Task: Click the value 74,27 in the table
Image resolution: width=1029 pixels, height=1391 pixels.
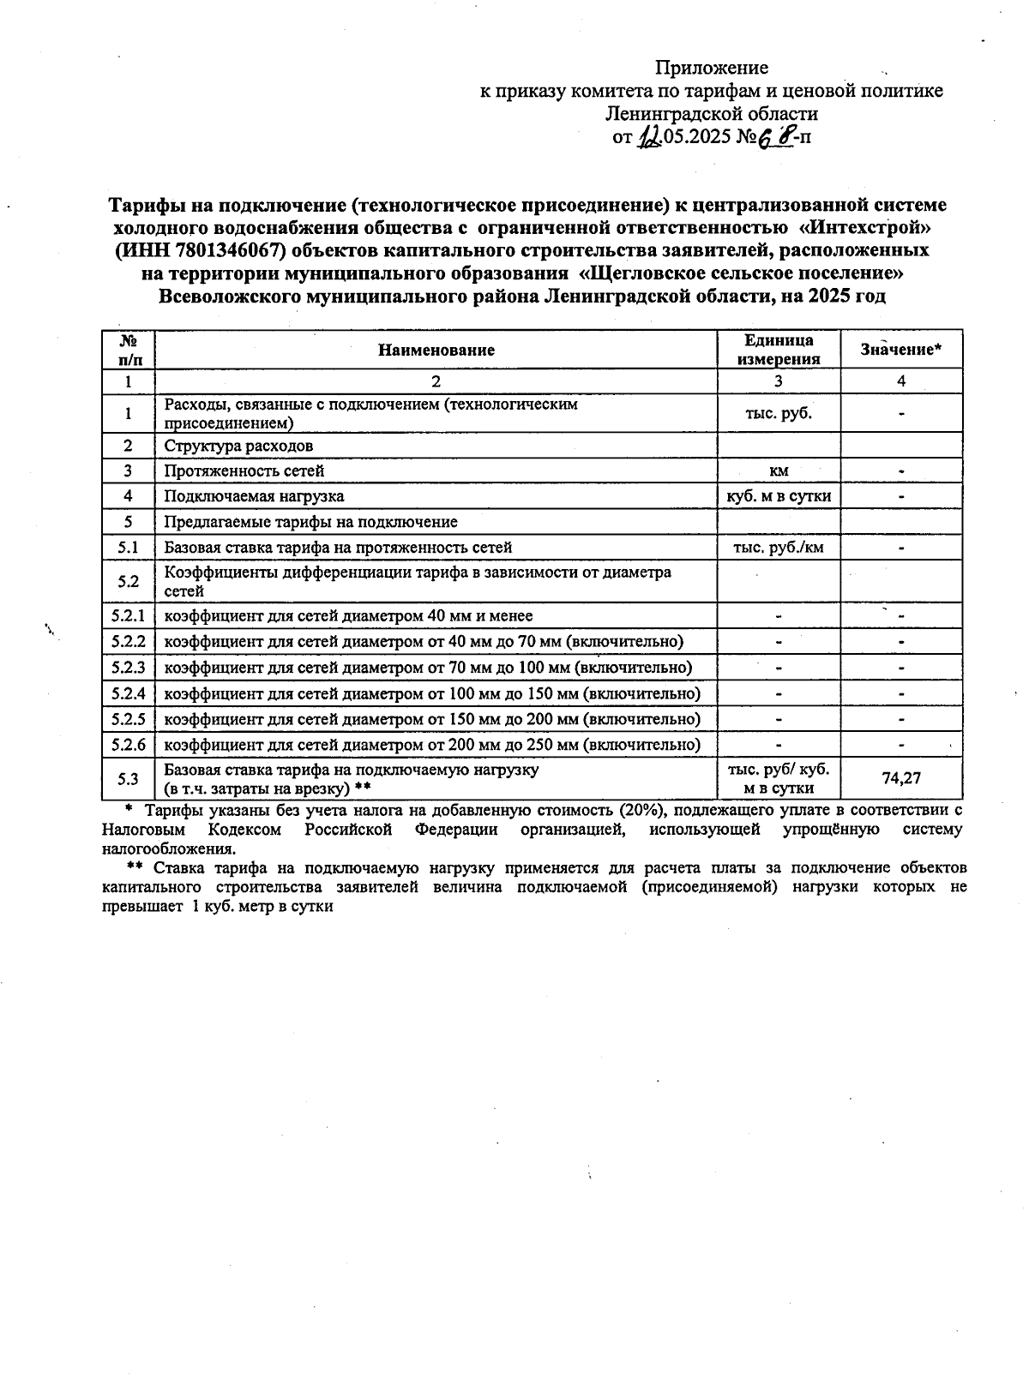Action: [901, 778]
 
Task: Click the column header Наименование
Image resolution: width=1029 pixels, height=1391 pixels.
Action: [436, 350]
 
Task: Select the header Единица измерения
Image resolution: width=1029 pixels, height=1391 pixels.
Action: [779, 350]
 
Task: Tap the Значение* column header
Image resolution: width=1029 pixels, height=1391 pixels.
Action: [901, 350]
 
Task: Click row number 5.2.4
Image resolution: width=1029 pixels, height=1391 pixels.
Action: [128, 693]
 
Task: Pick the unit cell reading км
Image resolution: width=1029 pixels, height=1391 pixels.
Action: [779, 471]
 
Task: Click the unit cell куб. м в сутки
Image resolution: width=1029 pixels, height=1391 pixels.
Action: [779, 496]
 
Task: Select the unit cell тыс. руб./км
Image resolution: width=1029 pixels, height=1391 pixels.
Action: [779, 547]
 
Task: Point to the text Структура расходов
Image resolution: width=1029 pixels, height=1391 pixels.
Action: [238, 446]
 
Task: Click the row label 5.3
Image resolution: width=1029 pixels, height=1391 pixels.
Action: [128, 778]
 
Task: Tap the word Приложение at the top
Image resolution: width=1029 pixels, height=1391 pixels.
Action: [712, 68]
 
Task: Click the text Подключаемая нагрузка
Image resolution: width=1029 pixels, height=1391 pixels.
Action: [254, 496]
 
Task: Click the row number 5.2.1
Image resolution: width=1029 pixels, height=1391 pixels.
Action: [128, 616]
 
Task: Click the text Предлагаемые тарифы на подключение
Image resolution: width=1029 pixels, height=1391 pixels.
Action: [310, 522]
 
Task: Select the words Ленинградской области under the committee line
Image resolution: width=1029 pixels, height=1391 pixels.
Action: [712, 113]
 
